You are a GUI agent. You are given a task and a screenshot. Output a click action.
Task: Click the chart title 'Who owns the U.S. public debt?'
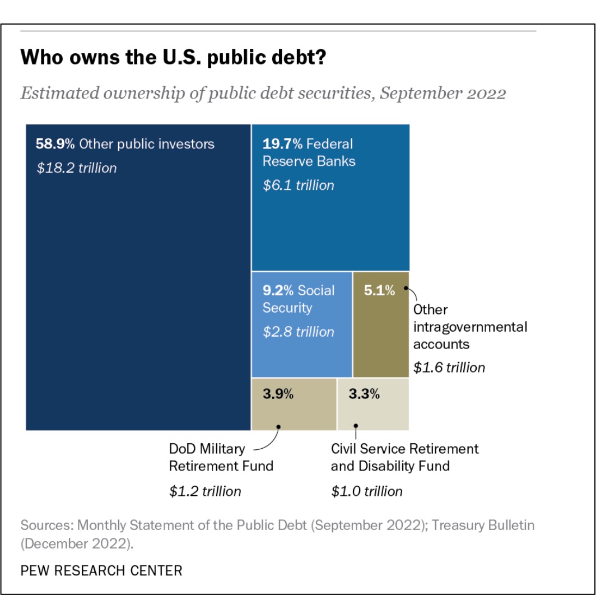click(173, 58)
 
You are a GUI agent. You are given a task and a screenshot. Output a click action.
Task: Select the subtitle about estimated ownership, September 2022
click(263, 92)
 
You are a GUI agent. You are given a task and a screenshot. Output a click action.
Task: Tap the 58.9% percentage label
click(55, 144)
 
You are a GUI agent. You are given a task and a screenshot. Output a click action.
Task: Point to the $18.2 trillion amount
click(77, 168)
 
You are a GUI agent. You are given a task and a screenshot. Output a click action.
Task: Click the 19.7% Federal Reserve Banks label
click(309, 152)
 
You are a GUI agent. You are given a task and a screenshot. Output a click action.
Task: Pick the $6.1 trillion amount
click(298, 185)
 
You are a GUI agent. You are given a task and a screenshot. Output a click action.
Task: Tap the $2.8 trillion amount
click(298, 332)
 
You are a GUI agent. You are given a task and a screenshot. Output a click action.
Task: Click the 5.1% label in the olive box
click(379, 290)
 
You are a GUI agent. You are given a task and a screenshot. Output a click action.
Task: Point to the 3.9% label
click(278, 394)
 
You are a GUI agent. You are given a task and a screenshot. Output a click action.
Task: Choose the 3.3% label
click(364, 394)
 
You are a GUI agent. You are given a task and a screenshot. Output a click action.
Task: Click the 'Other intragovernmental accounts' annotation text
click(469, 326)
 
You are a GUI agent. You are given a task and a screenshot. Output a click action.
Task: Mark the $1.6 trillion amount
click(449, 368)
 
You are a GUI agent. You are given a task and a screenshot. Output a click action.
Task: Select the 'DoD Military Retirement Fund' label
click(221, 457)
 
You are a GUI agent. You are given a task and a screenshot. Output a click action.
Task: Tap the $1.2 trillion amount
click(205, 491)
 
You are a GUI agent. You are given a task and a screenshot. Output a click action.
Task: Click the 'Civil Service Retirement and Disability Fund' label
click(404, 457)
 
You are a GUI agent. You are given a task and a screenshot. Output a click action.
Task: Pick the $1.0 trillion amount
click(366, 491)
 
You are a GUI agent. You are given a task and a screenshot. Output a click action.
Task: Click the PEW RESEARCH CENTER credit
click(101, 571)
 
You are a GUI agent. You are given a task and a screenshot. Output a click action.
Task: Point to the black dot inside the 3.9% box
click(279, 426)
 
